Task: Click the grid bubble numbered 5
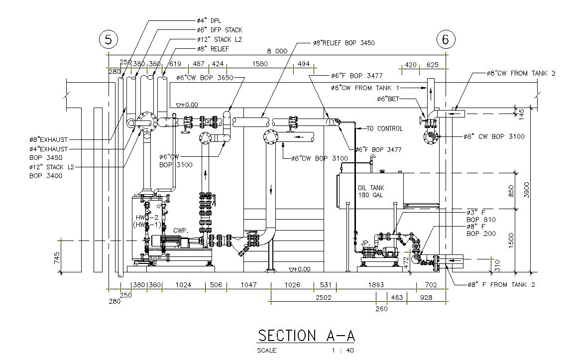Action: coord(109,39)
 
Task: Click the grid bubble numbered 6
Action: coord(446,39)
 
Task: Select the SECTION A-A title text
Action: coord(306,336)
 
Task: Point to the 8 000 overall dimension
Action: coord(277,51)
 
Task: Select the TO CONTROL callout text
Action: coord(384,128)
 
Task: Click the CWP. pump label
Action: coord(180,231)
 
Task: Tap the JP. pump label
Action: coord(365,243)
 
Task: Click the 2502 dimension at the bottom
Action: coord(324,297)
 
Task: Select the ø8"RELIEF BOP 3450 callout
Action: coord(343,43)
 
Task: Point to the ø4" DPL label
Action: coord(209,20)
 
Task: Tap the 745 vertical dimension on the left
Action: coord(57,257)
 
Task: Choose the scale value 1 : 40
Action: coord(343,350)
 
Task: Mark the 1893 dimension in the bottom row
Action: coord(376,285)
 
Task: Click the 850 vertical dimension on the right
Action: coord(511,190)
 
